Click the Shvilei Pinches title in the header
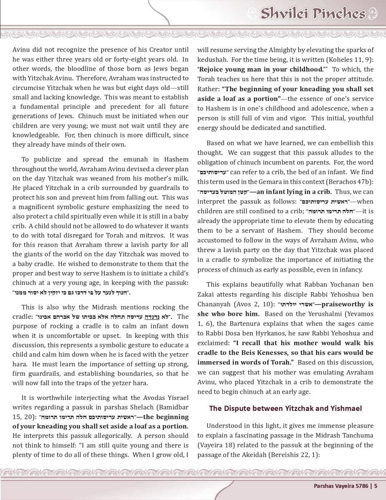(x=312, y=14)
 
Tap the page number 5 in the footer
(x=376, y=485)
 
